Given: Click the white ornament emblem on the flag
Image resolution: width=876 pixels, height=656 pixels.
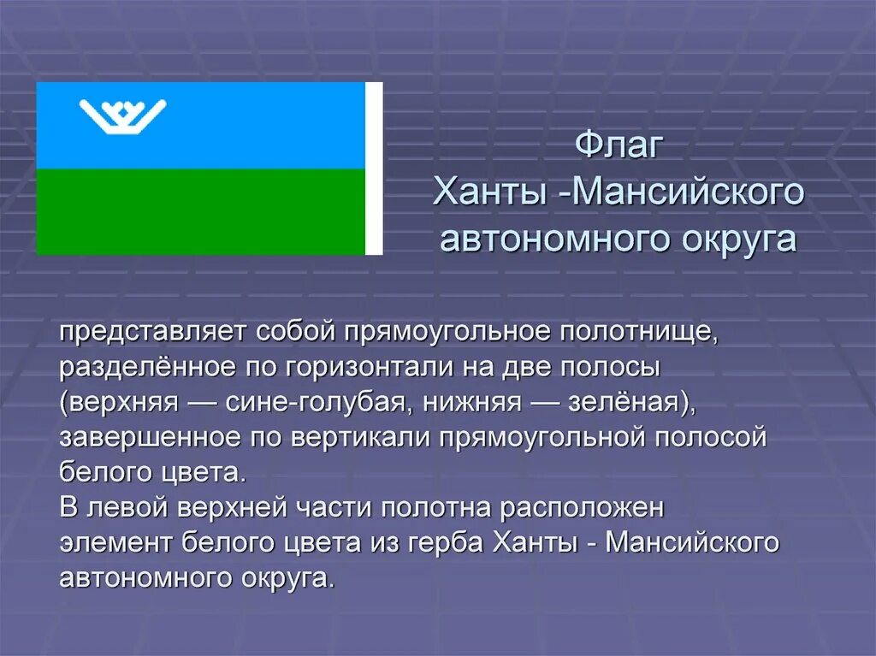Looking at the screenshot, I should tap(122, 116).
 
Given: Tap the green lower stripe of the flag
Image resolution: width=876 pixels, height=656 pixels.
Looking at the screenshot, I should tap(200, 211).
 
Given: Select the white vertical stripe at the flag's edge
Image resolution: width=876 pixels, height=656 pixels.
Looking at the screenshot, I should tap(374, 168).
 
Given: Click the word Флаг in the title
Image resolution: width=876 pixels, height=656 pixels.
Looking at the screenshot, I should tap(619, 145).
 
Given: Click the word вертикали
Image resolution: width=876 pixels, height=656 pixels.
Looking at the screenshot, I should tap(363, 437).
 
